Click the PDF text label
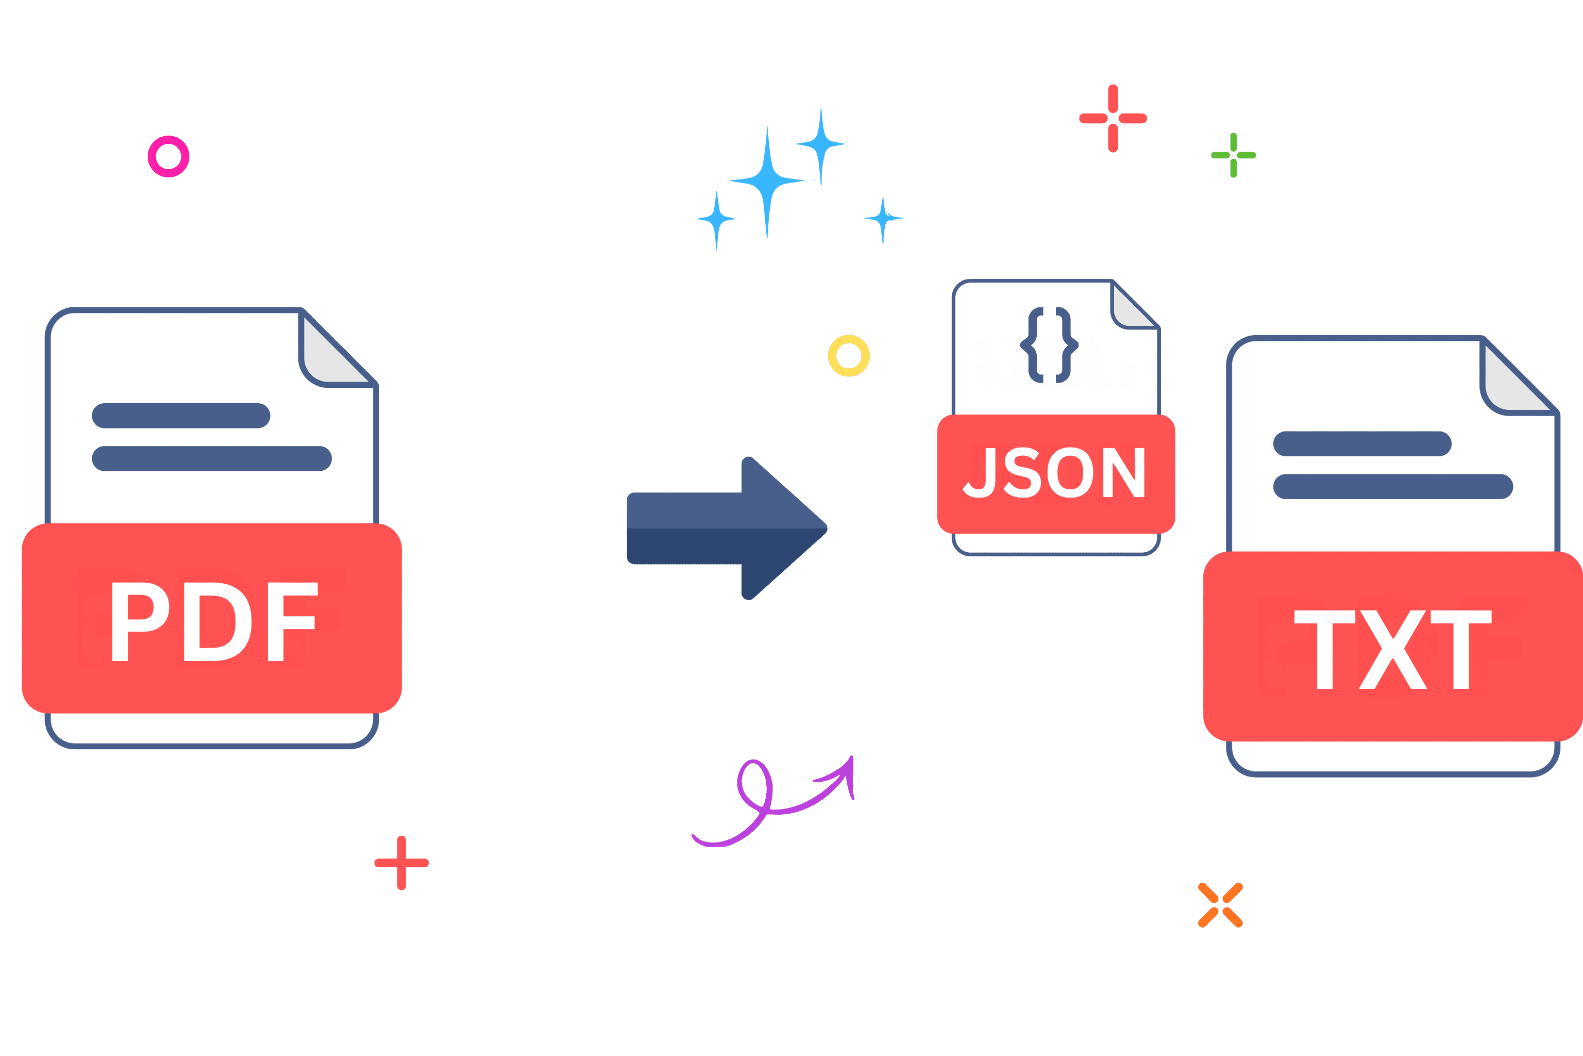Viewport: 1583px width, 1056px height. pyautogui.click(x=215, y=622)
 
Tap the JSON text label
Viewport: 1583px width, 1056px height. pyautogui.click(x=1054, y=472)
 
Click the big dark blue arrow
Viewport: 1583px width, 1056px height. pyautogui.click(x=728, y=528)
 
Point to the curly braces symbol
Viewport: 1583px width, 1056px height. pyautogui.click(x=1049, y=345)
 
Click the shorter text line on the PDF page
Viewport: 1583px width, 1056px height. pyautogui.click(x=181, y=416)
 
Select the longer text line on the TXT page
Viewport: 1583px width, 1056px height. pyautogui.click(x=1393, y=486)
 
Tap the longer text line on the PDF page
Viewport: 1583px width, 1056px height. pyautogui.click(x=212, y=458)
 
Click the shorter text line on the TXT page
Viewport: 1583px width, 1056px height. pyautogui.click(x=1362, y=444)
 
